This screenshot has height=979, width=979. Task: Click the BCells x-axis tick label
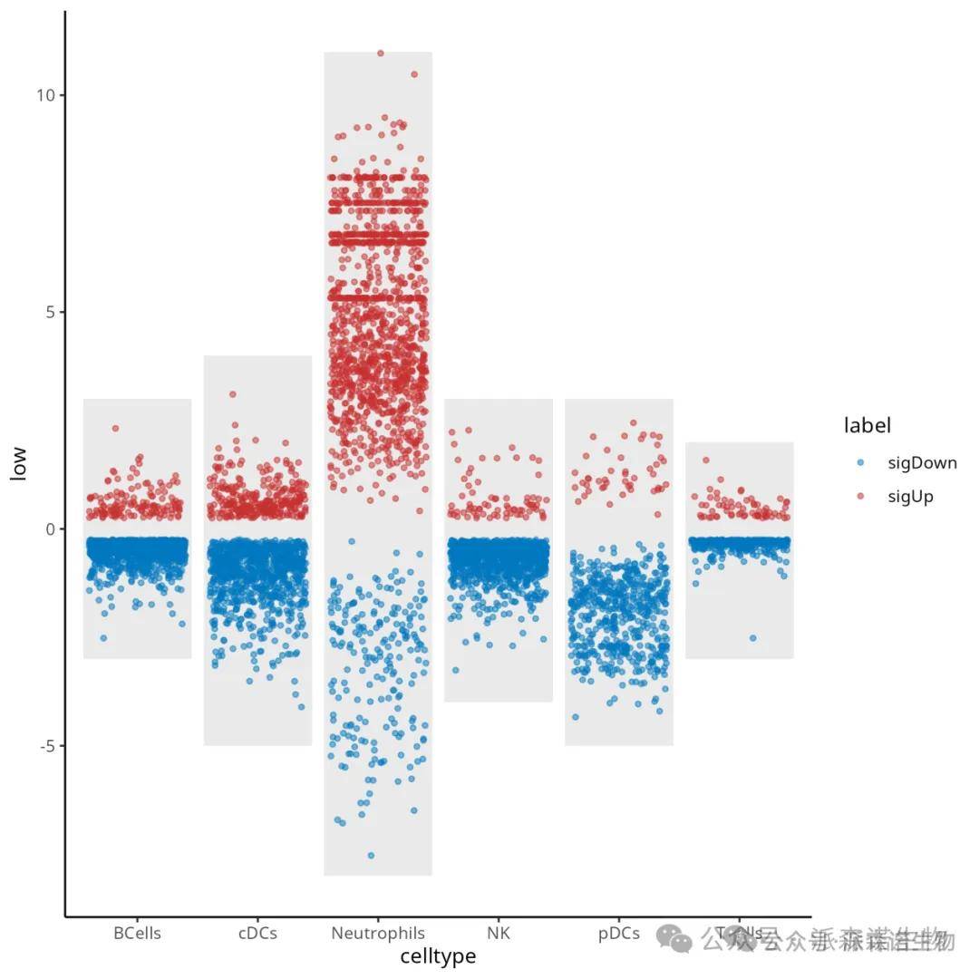coord(138,934)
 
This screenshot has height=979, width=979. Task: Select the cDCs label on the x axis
coord(257,934)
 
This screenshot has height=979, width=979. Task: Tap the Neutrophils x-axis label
coord(378,934)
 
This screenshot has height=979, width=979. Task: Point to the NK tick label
coord(499,934)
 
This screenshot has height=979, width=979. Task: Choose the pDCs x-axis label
coord(619,934)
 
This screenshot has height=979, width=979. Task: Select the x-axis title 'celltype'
coord(438,956)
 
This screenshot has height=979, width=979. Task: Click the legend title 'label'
coord(868,425)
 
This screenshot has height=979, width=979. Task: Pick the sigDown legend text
coord(922,463)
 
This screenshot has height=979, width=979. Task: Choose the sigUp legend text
coord(910,496)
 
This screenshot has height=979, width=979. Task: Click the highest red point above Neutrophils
coord(381,53)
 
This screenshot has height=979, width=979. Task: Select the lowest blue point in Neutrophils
coord(371,855)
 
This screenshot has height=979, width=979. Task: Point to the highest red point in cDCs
coord(233,394)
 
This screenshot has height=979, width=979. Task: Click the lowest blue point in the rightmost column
coord(752,638)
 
